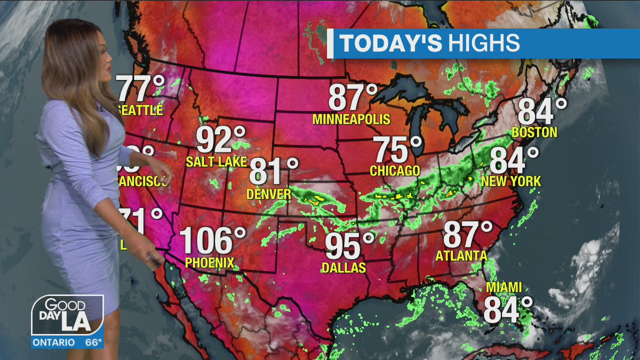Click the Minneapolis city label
[351, 119]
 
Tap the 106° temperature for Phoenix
[212, 240]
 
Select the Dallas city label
[343, 268]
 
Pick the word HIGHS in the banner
[483, 43]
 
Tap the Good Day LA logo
[67, 315]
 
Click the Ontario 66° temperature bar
[67, 342]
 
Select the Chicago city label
[395, 171]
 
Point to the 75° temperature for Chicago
[398, 149]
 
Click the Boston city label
[534, 132]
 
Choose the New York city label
[511, 181]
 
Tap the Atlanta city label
[461, 256]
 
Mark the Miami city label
[504, 287]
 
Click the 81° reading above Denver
[273, 171]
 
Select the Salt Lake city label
[216, 162]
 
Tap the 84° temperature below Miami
[507, 309]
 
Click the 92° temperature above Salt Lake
[220, 140]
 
